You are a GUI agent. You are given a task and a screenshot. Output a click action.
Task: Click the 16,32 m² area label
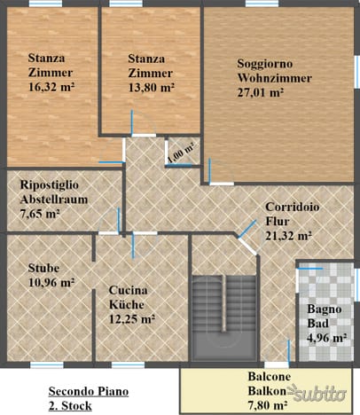[x=51, y=87]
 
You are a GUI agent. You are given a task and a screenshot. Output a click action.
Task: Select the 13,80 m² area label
[x=151, y=87]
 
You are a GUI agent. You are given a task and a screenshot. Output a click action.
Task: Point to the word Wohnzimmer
[x=275, y=78]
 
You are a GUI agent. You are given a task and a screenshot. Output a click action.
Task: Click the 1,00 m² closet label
[x=181, y=152]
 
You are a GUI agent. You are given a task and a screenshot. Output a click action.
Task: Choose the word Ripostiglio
[x=50, y=185]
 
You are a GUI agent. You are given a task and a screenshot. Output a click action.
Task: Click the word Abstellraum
[x=54, y=200]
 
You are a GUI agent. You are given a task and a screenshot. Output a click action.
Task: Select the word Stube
[x=43, y=268]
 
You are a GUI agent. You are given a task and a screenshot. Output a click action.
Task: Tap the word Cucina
[x=128, y=290]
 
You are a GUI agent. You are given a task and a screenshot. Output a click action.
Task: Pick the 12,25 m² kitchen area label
[x=132, y=319]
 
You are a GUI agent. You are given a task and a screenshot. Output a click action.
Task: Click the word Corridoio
[x=293, y=207]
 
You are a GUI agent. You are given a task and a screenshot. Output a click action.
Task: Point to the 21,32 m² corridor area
[x=288, y=236]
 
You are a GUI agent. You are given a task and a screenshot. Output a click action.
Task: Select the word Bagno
[x=325, y=309]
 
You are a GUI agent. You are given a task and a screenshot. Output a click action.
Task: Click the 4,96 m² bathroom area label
[x=327, y=338]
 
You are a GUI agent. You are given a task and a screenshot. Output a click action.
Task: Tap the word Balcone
[x=270, y=377]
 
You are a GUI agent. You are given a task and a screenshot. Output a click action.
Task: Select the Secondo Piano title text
[x=89, y=391]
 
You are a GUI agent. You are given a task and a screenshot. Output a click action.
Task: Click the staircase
[x=224, y=317]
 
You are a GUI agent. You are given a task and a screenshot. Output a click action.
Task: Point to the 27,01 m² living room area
[x=260, y=93]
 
